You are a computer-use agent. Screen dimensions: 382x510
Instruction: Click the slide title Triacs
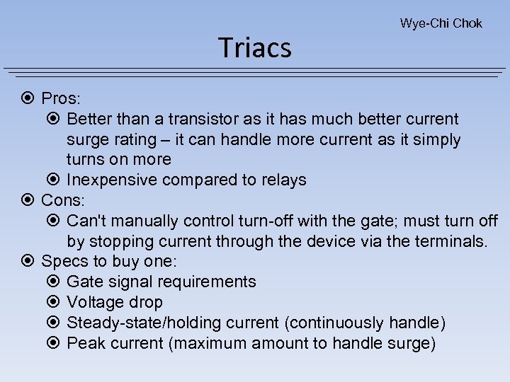(x=255, y=47)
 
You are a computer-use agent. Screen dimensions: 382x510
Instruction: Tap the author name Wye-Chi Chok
(x=441, y=23)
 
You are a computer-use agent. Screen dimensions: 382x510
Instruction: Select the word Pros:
(x=62, y=98)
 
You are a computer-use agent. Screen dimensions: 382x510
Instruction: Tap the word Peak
(x=82, y=344)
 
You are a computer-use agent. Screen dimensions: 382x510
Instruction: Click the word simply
(x=434, y=139)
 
